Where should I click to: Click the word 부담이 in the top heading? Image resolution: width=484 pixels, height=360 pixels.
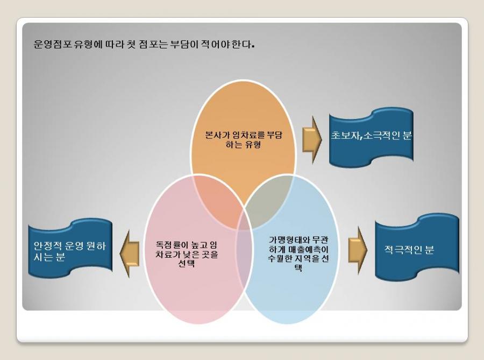coord(184,45)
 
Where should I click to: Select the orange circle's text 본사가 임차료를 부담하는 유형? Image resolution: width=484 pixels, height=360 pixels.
coord(244,139)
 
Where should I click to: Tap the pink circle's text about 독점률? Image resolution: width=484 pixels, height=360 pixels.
coord(187,254)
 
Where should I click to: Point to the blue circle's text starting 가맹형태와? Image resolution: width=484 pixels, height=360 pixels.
coord(298,253)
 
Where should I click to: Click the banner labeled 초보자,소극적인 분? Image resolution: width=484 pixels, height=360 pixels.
coord(371,137)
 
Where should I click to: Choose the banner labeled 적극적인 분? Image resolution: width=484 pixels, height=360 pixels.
coord(417,247)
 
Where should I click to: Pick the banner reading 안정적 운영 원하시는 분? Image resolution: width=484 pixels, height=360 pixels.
coord(70,249)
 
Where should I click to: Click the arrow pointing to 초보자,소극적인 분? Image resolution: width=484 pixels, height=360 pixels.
coord(312,140)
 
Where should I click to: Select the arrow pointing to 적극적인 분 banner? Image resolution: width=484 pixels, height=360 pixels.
coord(358,250)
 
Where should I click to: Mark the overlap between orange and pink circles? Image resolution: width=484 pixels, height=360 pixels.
coord(218,201)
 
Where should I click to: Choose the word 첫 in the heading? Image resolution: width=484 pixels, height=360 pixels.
coord(131,45)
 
